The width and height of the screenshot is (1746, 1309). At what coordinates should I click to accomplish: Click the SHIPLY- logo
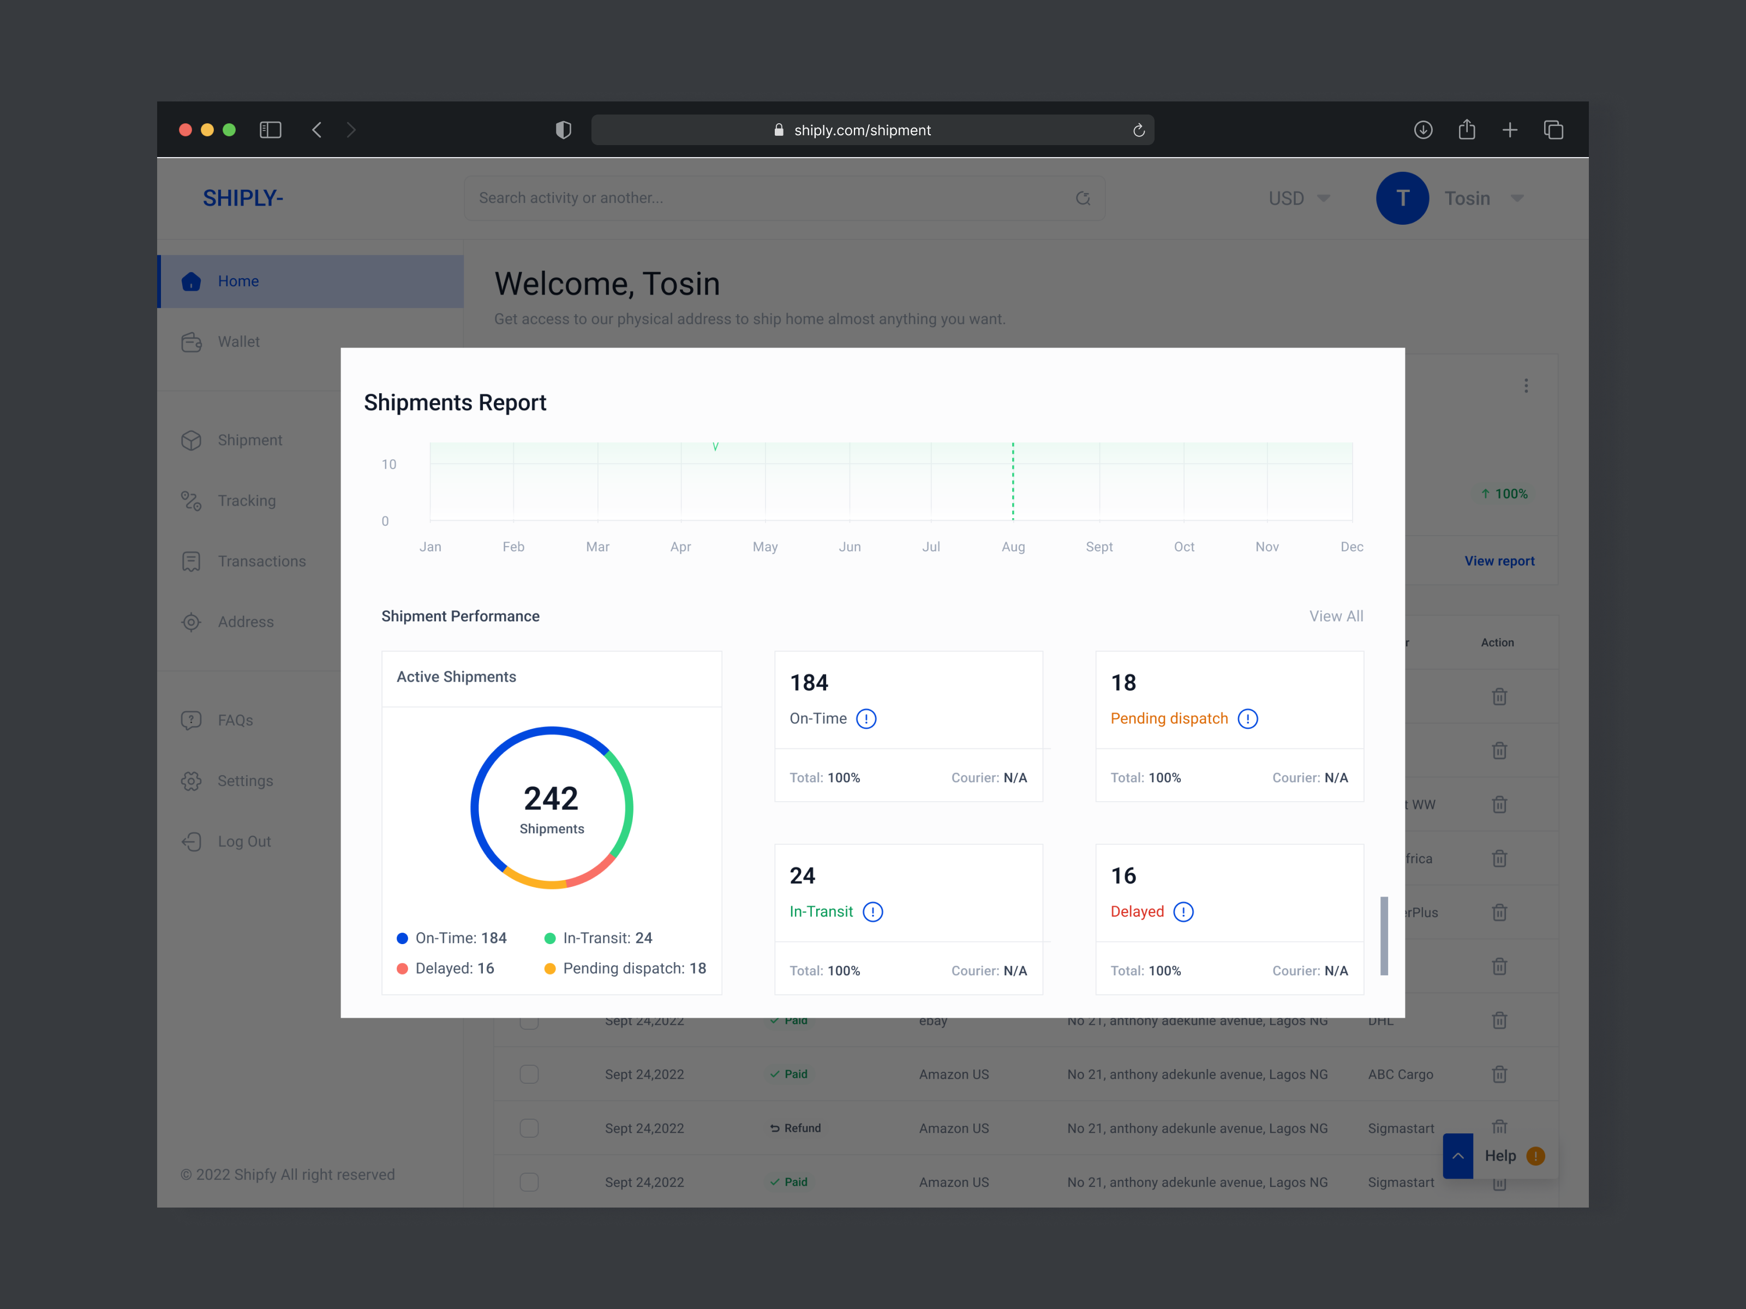[x=242, y=198]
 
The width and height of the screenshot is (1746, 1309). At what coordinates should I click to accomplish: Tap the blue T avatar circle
[x=1402, y=198]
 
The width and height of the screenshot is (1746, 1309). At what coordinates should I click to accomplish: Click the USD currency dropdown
[x=1299, y=198]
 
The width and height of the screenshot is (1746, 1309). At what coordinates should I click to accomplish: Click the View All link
[x=1336, y=616]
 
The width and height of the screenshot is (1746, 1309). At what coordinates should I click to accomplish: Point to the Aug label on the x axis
[x=1013, y=547]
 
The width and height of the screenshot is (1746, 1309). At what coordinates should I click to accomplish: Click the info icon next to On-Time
[x=866, y=719]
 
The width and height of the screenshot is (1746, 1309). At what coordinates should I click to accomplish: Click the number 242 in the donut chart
[x=551, y=798]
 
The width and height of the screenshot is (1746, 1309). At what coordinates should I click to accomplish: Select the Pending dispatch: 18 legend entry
[x=625, y=968]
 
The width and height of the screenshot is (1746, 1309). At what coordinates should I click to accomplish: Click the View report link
[x=1499, y=561]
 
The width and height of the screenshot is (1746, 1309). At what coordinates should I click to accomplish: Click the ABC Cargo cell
[x=1400, y=1074]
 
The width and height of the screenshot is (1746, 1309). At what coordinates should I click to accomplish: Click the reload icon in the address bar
[x=1138, y=130]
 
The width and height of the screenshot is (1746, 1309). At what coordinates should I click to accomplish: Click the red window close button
[x=186, y=130]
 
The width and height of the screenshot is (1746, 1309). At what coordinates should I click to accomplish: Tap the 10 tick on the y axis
[x=388, y=464]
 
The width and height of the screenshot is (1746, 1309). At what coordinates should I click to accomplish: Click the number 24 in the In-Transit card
[x=802, y=876]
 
